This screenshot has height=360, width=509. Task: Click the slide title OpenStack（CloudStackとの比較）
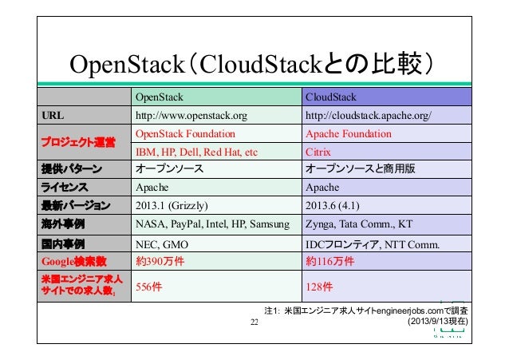[253, 63]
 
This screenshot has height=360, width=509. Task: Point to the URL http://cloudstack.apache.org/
[369, 116]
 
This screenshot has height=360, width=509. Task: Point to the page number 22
[254, 322]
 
